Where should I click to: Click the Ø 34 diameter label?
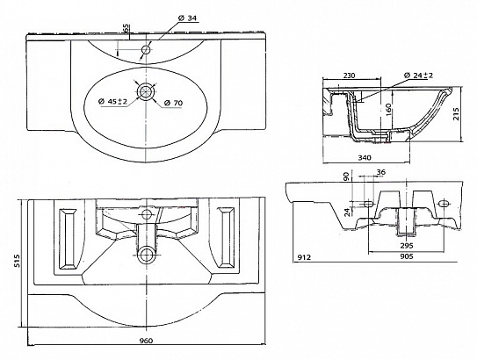(x=188, y=18)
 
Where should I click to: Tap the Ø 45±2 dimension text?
(x=112, y=102)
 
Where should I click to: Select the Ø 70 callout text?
(x=173, y=103)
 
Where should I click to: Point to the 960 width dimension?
(x=147, y=341)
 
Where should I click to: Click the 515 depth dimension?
(x=18, y=261)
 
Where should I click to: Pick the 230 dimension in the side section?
(x=349, y=76)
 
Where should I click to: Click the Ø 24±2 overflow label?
(x=419, y=76)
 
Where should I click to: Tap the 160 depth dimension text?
(x=388, y=110)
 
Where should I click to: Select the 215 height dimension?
(x=456, y=114)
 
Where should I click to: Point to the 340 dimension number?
(x=365, y=157)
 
